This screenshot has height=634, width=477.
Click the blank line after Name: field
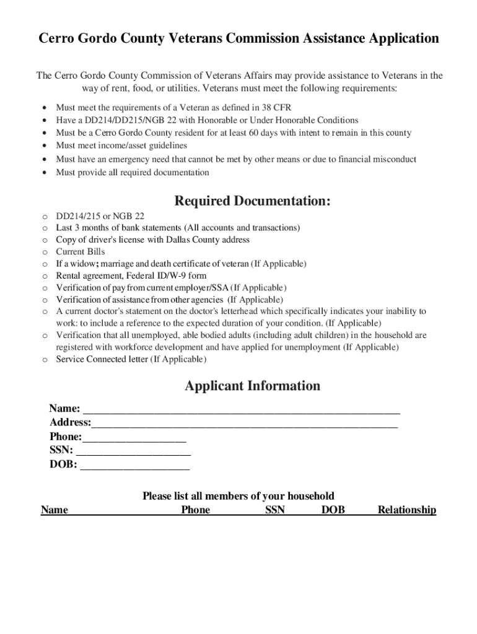click(x=242, y=410)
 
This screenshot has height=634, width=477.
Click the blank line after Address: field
click(x=244, y=423)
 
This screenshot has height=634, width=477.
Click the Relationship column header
click(x=407, y=510)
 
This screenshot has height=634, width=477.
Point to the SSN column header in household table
click(x=275, y=510)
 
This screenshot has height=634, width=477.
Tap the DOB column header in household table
click(x=333, y=510)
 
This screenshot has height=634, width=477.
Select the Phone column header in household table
click(x=196, y=510)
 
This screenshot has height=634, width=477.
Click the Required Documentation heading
click(x=252, y=201)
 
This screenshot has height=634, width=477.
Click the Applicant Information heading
click(x=252, y=386)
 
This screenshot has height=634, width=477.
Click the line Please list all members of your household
click(x=238, y=496)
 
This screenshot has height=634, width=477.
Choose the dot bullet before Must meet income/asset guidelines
click(x=44, y=146)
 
